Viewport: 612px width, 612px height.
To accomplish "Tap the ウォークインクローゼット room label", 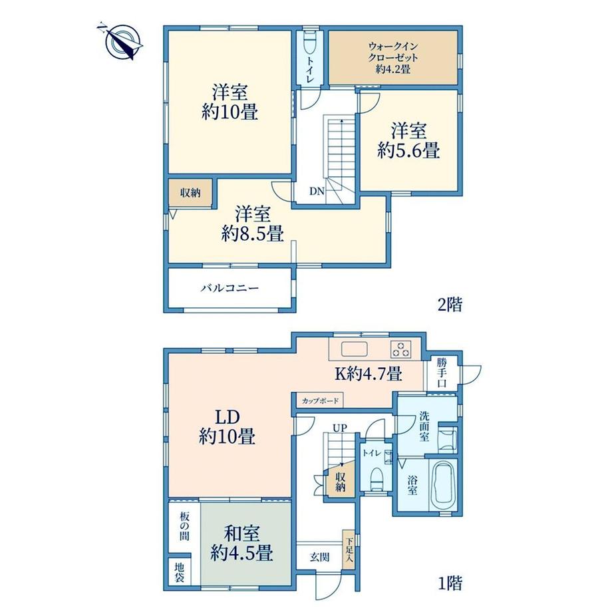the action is (x=393, y=58).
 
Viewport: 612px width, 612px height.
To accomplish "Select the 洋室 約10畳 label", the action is (x=230, y=102).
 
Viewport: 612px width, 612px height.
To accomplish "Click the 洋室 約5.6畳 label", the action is (x=408, y=140).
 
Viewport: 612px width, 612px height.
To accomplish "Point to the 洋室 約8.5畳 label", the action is (x=253, y=224).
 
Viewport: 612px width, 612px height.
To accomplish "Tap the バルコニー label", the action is (x=230, y=289).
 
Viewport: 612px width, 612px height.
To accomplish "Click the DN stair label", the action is (x=317, y=192).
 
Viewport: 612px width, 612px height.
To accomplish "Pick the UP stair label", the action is (x=339, y=428).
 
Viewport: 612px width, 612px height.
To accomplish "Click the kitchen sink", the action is (x=355, y=349).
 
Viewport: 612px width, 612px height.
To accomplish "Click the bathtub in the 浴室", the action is (x=443, y=484).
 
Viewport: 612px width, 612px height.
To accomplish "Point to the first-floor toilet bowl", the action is (x=377, y=480).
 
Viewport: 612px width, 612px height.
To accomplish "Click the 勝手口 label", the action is (x=442, y=373).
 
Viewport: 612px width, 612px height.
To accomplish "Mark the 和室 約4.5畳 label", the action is (x=241, y=543).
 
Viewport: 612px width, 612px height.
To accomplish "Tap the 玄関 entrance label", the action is (x=320, y=557).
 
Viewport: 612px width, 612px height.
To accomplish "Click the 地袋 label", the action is (x=179, y=572).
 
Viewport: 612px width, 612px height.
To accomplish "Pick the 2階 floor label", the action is (x=450, y=304).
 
